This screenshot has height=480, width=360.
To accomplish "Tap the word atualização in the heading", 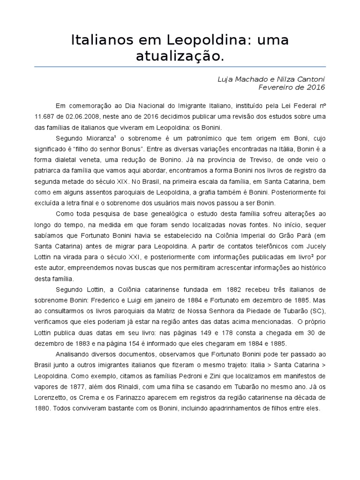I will (180, 57).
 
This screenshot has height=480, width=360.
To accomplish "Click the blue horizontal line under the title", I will (180, 67).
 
